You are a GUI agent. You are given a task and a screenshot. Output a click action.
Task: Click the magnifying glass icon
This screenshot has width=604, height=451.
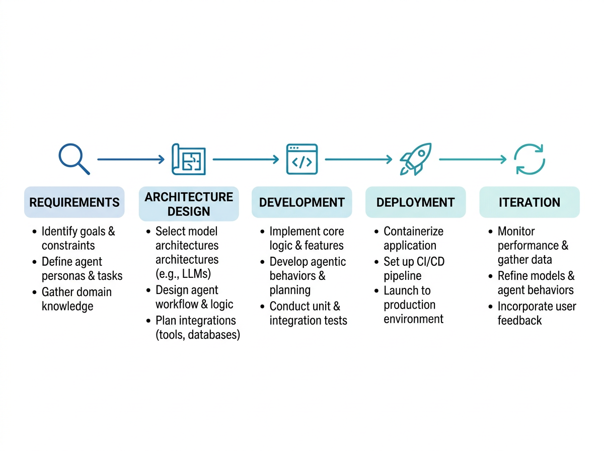click(x=74, y=159)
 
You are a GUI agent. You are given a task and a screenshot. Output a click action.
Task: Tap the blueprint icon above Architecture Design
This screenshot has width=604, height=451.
click(x=188, y=159)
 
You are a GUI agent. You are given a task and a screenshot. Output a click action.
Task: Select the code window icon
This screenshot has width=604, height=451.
click(x=302, y=159)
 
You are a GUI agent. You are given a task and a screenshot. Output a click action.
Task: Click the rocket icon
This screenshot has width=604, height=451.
click(x=416, y=159)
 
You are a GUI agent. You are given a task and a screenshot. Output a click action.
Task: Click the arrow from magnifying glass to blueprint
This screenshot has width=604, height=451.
click(x=131, y=160)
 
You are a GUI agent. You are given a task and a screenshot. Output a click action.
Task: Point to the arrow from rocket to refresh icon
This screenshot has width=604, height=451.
click(x=473, y=160)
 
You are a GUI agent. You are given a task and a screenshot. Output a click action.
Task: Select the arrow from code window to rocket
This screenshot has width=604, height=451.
click(x=358, y=160)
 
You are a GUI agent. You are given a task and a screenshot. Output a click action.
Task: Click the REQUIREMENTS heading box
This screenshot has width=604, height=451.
click(x=74, y=202)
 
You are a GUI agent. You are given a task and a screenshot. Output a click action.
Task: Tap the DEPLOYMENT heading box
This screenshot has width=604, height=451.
click(x=416, y=202)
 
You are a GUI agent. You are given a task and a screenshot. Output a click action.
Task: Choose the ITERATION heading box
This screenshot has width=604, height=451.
click(x=530, y=202)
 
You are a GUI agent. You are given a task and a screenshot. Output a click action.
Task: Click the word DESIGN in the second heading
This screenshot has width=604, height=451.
click(x=189, y=211)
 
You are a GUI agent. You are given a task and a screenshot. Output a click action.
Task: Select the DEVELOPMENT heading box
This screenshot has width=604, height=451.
click(x=302, y=202)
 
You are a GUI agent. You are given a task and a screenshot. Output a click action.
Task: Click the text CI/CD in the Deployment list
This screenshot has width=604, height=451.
click(x=430, y=261)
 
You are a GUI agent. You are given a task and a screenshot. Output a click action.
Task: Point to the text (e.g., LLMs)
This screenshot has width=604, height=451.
click(x=183, y=274)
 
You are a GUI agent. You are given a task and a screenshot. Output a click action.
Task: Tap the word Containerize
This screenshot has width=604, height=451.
click(x=414, y=231)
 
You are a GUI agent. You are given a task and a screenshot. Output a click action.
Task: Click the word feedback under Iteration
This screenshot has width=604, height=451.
click(x=519, y=321)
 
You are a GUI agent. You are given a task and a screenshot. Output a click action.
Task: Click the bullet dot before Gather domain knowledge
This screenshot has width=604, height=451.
click(x=34, y=292)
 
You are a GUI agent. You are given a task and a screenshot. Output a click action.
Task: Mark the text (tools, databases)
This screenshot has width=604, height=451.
click(x=198, y=335)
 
